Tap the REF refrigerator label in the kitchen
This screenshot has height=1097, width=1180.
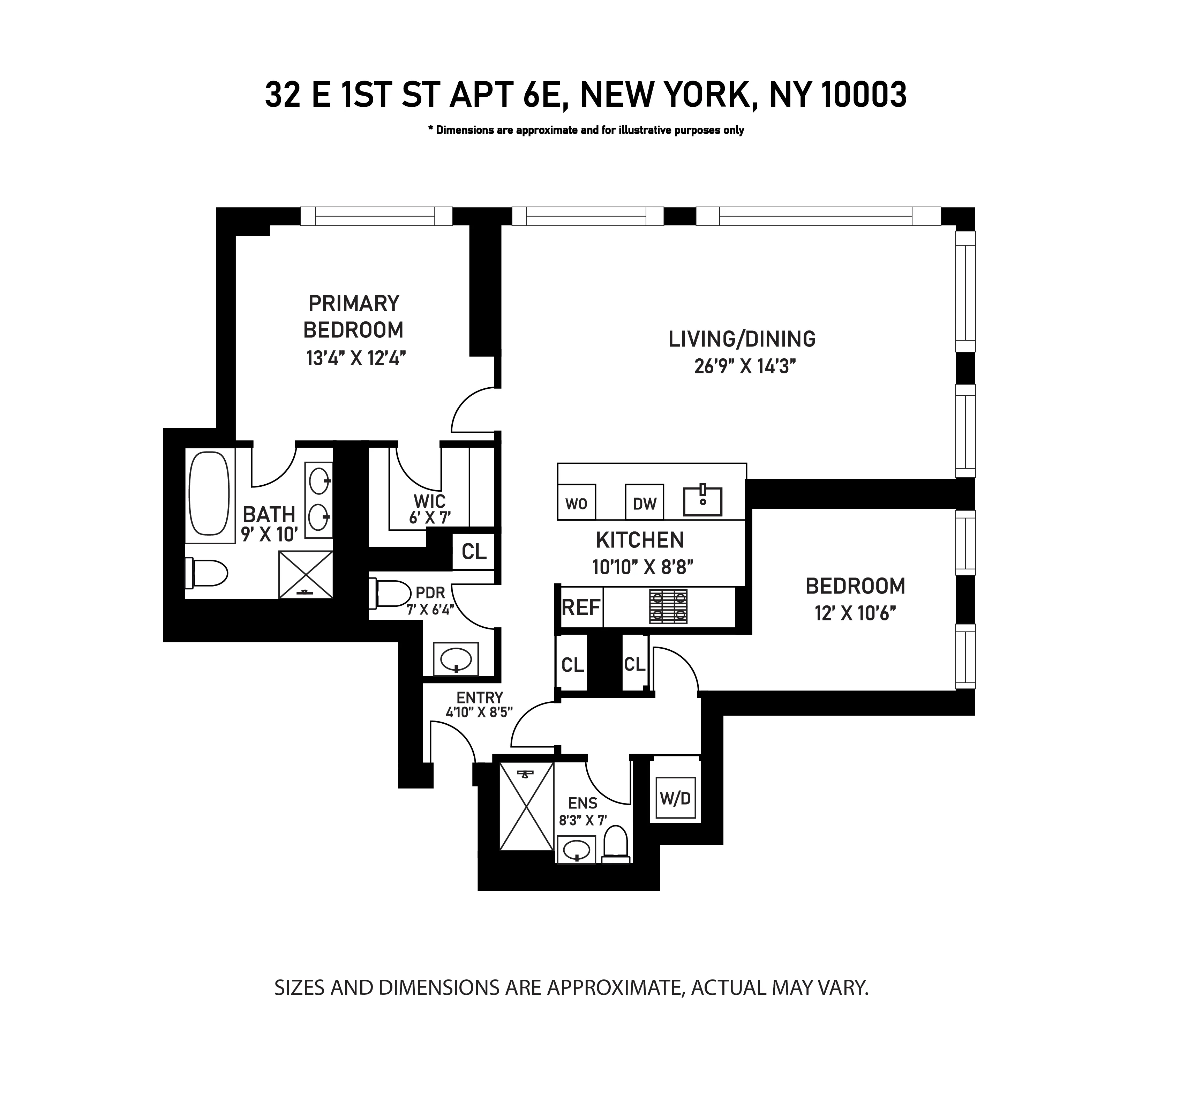click(x=581, y=607)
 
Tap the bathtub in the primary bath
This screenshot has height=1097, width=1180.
click(x=209, y=494)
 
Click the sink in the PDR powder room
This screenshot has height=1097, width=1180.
click(x=456, y=658)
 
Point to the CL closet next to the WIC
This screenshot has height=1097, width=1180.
click(x=474, y=552)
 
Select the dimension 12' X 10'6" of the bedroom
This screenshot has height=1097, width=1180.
click(x=854, y=613)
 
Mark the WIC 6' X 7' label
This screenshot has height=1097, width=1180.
click(x=430, y=509)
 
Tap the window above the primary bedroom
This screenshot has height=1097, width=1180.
click(x=376, y=216)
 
